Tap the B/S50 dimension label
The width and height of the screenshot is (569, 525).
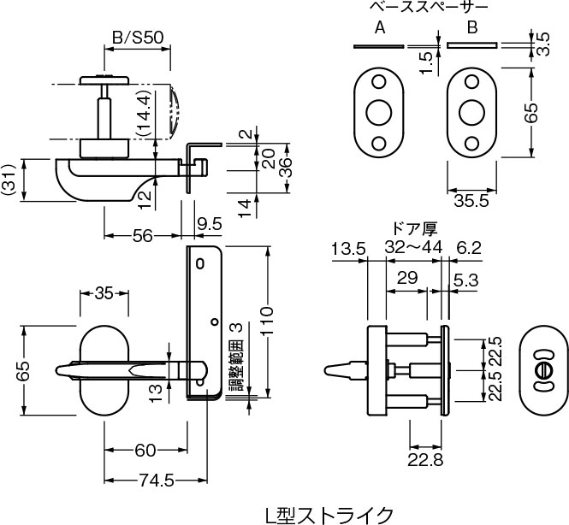[x=138, y=37]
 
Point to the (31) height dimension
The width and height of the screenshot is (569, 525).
[x=8, y=180]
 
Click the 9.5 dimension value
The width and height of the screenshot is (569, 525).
[x=210, y=224]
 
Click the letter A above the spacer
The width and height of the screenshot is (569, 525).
[x=380, y=27]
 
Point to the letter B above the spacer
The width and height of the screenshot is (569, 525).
[x=471, y=27]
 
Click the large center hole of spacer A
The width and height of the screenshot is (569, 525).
[x=377, y=112]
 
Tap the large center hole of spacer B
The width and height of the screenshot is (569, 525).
[x=471, y=112]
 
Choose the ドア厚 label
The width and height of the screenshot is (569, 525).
[x=414, y=228]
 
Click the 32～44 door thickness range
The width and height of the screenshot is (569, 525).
[x=414, y=247]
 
